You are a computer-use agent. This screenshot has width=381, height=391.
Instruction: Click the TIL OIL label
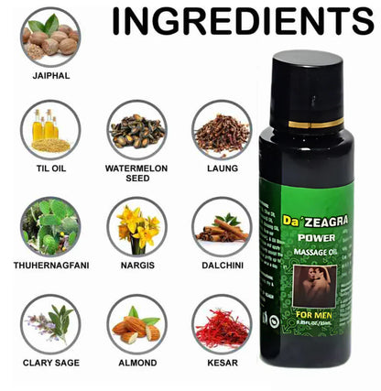point(49,168)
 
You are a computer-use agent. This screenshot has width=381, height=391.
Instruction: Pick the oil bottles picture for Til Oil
point(49,129)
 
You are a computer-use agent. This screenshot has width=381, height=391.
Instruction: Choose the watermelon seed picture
point(136,130)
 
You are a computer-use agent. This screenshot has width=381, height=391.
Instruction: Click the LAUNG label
point(222,168)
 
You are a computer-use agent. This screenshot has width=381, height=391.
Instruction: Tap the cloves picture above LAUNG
point(222,130)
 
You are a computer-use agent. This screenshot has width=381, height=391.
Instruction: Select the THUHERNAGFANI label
point(51,266)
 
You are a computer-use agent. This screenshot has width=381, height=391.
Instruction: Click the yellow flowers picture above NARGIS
point(136,227)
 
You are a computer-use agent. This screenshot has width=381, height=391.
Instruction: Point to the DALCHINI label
point(222,266)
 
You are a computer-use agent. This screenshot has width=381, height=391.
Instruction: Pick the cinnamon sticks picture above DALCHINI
point(222,227)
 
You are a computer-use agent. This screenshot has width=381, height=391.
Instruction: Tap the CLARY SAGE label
point(49,363)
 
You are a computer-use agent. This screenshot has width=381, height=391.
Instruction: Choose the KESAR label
point(222,363)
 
